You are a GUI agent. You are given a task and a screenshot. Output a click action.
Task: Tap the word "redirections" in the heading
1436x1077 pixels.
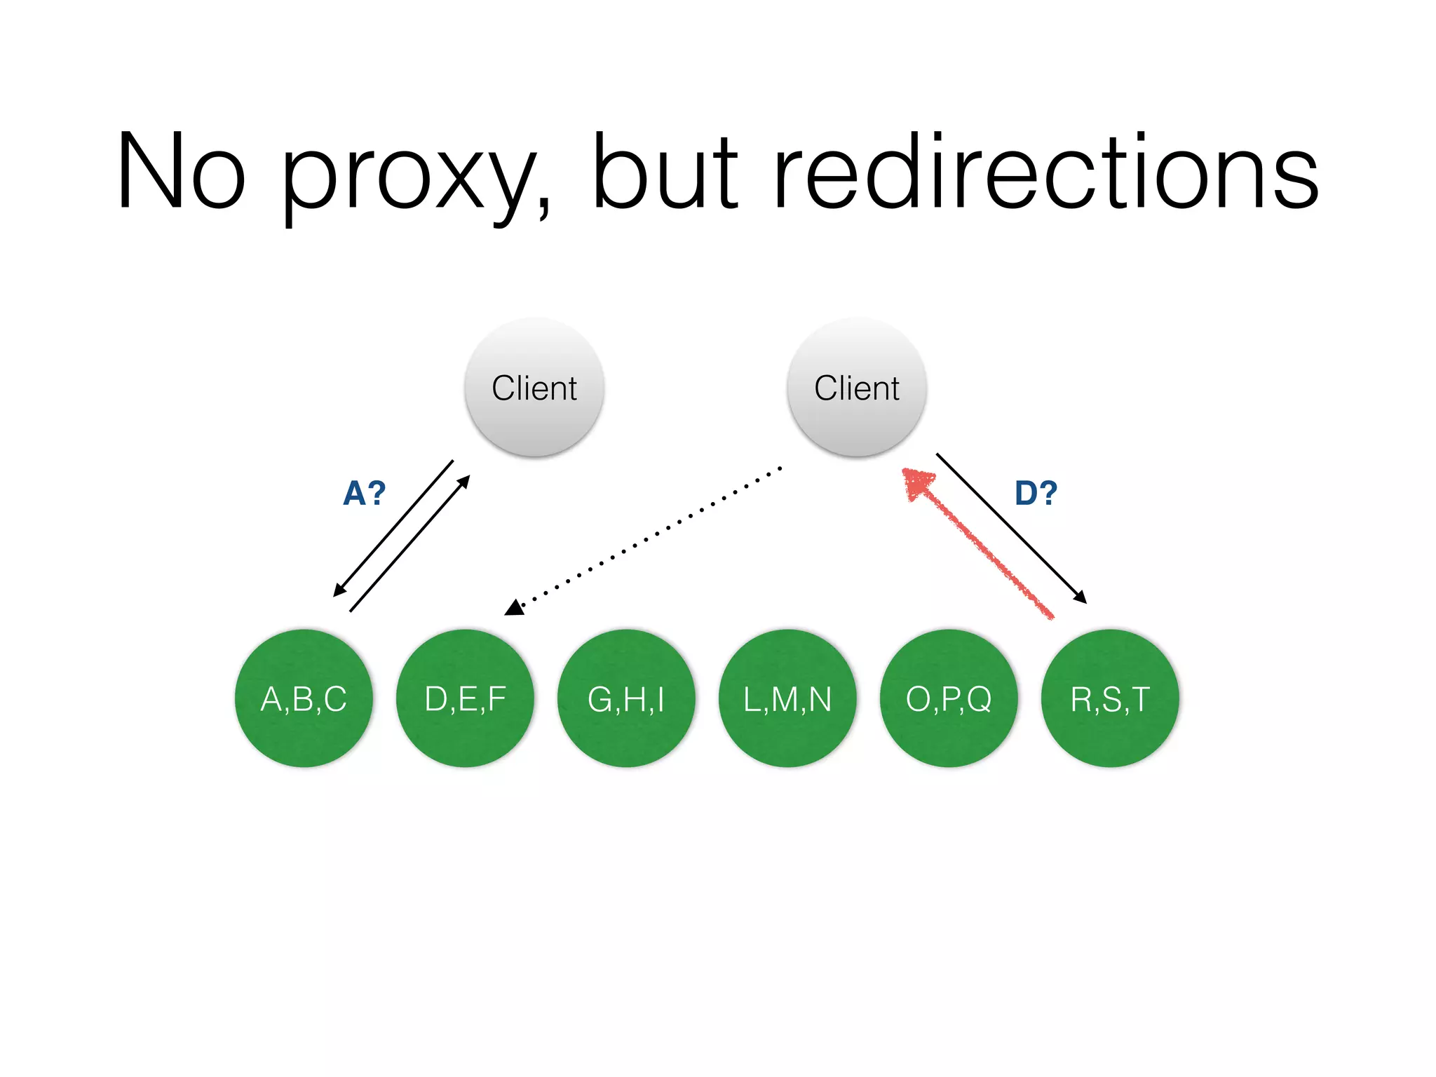coord(1045,172)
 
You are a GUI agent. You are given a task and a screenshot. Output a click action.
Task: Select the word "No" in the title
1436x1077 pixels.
coord(181,172)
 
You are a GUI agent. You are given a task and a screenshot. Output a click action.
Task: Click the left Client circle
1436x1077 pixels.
coord(534,388)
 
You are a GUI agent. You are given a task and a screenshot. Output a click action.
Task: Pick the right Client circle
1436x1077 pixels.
coord(856,388)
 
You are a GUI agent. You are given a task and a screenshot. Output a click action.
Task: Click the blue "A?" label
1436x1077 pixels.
coord(364,493)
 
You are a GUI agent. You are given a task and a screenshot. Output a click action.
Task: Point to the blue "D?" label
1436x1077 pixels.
coord(1036,493)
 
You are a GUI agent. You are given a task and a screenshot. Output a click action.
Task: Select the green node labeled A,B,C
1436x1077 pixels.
coord(304,698)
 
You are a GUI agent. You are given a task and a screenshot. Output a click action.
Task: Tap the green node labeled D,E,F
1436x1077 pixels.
coord(465,698)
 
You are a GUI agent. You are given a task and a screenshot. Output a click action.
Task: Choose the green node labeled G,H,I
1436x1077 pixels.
coord(626,698)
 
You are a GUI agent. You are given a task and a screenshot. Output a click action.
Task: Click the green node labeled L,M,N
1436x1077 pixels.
coord(787,698)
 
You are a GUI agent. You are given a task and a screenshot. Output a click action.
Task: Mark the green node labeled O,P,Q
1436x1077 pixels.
coord(949,698)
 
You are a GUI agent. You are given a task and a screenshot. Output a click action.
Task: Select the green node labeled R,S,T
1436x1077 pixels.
coord(1110,698)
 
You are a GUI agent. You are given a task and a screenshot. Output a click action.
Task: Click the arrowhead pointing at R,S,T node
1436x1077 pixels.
coord(1081,597)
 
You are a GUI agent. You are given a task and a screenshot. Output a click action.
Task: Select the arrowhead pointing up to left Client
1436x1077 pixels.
coord(463,482)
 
